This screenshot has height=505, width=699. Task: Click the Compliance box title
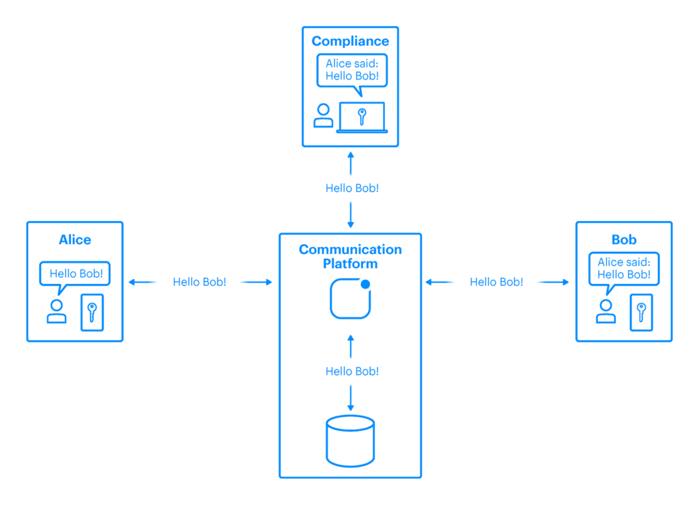click(350, 42)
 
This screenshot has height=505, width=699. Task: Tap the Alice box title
click(75, 240)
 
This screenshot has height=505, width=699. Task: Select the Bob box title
click(624, 240)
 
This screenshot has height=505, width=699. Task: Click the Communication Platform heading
click(350, 257)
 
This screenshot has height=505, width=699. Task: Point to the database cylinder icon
click(350, 440)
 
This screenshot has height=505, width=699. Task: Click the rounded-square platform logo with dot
click(350, 298)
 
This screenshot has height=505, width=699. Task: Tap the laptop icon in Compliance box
click(362, 117)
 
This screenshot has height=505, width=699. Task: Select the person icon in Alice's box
click(57, 311)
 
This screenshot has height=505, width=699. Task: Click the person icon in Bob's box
click(605, 311)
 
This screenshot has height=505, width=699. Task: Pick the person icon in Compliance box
click(324, 116)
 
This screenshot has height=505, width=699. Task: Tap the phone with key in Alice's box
click(92, 313)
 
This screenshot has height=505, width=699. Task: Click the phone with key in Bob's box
click(641, 313)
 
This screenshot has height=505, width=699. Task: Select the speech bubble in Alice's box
click(75, 274)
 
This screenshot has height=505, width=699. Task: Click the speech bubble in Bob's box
click(624, 269)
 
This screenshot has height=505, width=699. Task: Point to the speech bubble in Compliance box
click(352, 70)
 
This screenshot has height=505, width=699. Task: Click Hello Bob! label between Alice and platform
click(199, 282)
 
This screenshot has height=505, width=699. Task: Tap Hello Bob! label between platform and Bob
click(496, 282)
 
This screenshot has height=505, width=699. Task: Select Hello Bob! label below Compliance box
click(352, 188)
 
